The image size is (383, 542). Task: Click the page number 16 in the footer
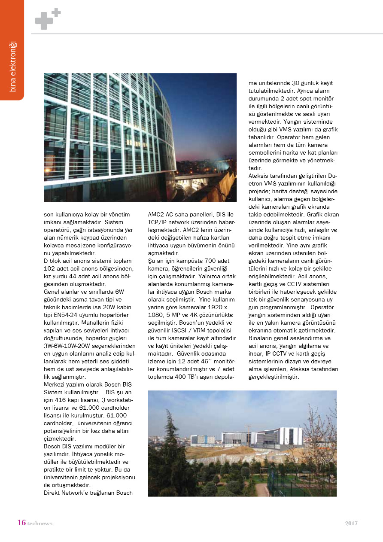click(x=21, y=523)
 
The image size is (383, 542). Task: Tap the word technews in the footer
click(x=40, y=524)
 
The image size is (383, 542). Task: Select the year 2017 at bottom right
click(x=351, y=523)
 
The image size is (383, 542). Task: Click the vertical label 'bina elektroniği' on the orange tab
click(x=12, y=66)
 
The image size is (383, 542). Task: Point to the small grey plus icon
click(x=56, y=13)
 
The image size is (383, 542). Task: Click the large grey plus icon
click(x=44, y=21)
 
